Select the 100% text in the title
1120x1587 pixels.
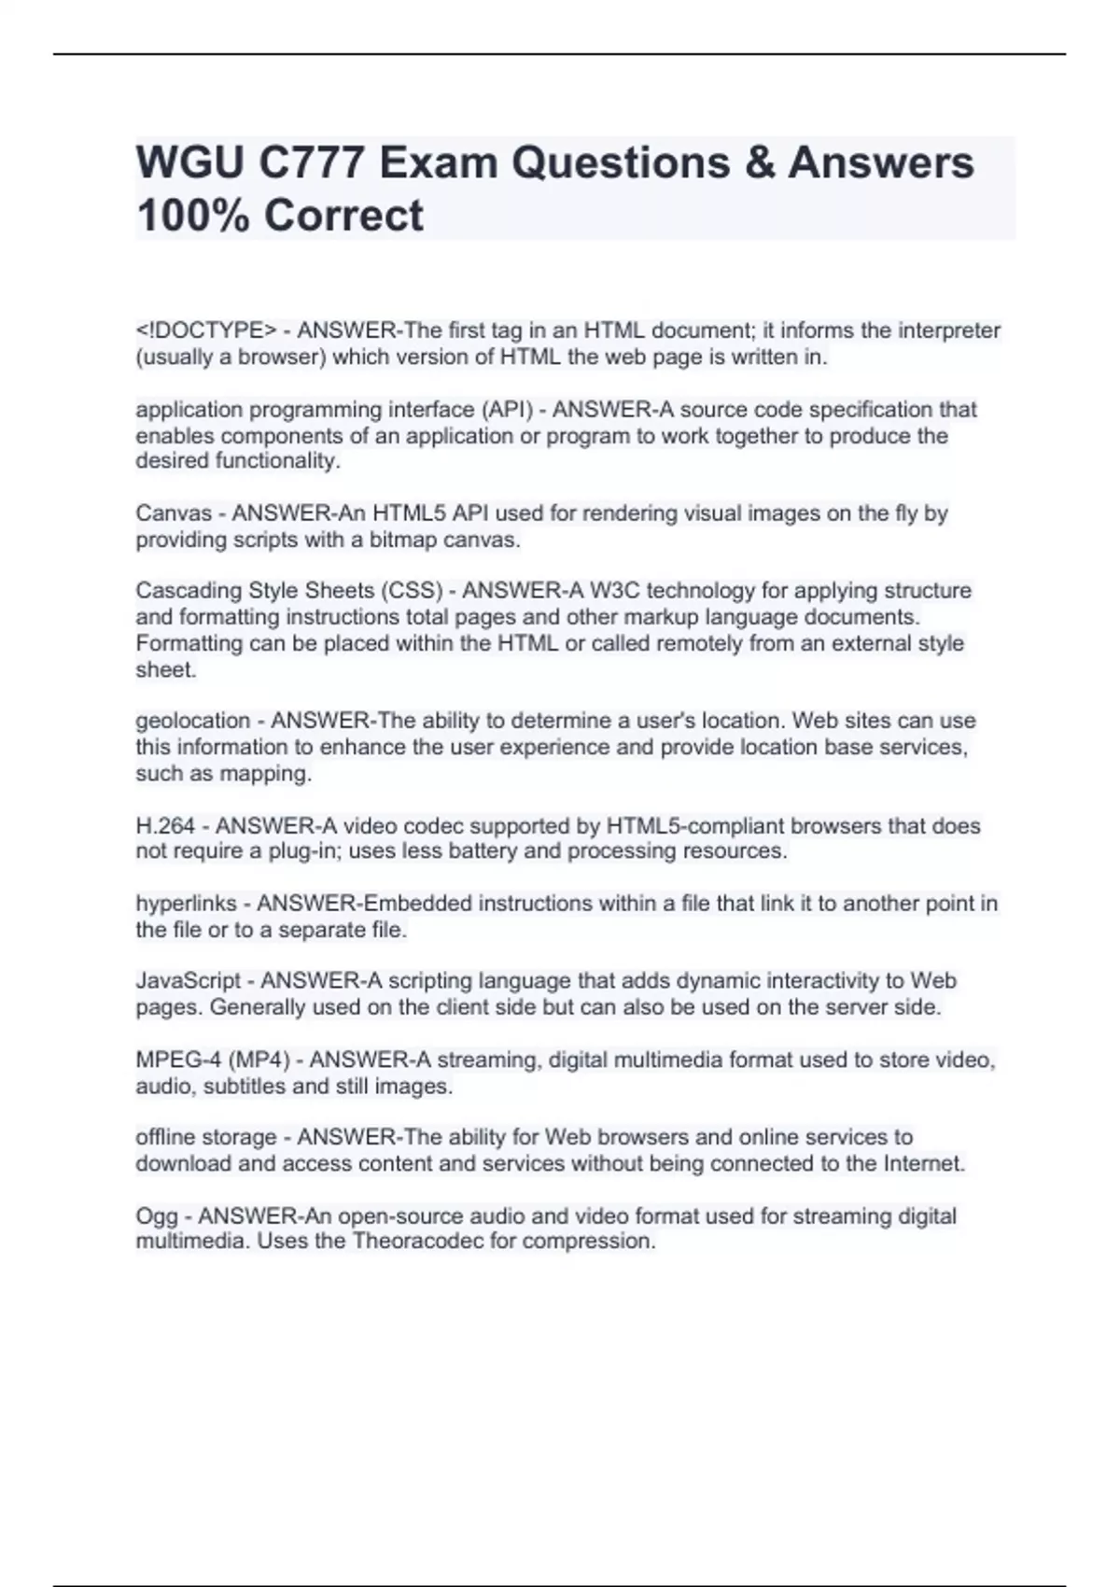(193, 216)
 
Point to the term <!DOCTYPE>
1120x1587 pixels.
(206, 330)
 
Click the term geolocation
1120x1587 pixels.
(193, 721)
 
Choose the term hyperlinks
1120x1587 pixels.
(186, 904)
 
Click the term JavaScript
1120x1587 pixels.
(189, 981)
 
